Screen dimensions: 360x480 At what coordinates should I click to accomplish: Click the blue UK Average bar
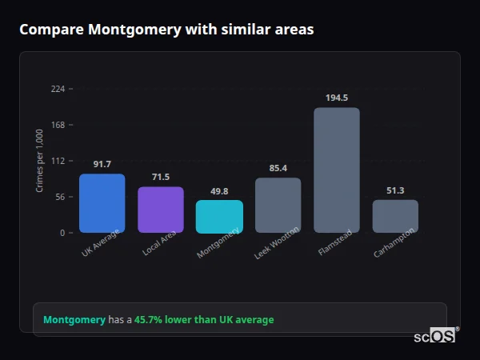pos(102,203)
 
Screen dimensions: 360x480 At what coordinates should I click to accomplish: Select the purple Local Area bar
pos(161,210)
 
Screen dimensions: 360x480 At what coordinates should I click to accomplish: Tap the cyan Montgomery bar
pos(219,217)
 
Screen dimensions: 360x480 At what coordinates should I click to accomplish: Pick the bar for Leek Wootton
pos(278,205)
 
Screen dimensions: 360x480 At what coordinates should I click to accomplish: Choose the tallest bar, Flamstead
pos(336,170)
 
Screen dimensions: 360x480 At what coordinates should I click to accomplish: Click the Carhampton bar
pos(395,216)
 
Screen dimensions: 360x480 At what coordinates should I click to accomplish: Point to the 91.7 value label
pos(102,164)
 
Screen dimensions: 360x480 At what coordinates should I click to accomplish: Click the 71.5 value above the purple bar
pos(161,177)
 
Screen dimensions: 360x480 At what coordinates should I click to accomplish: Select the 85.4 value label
pos(278,168)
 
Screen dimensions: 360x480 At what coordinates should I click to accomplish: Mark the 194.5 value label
pos(336,98)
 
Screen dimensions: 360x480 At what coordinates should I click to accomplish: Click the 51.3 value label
pos(395,190)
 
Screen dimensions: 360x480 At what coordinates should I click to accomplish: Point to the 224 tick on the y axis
pos(58,89)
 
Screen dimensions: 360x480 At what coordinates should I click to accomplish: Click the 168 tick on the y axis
pos(58,125)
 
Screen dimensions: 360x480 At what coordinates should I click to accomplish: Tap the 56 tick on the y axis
pos(60,197)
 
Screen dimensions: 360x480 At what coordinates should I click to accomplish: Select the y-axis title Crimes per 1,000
pos(40,161)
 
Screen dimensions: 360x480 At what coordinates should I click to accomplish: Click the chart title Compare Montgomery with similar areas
pos(166,30)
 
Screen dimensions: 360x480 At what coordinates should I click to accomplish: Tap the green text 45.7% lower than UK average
pos(204,320)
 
